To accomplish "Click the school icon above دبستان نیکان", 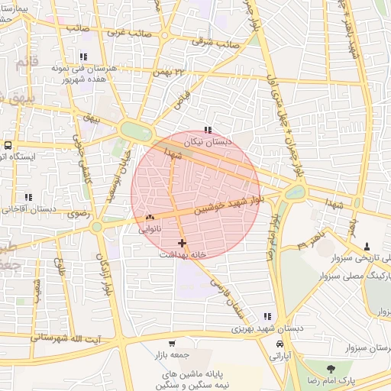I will point(208,131).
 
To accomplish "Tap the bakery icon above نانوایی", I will point(149,218).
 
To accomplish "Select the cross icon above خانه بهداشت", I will point(182,242).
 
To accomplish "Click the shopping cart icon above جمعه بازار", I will point(171,344).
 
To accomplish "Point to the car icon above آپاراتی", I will point(277,344).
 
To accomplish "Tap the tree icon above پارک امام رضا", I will point(330,369).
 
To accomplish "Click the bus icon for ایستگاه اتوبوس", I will point(8,145).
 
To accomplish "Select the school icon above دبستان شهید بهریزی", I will point(267,316).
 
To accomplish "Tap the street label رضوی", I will point(79,215).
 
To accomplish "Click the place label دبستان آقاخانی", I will point(30,208).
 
